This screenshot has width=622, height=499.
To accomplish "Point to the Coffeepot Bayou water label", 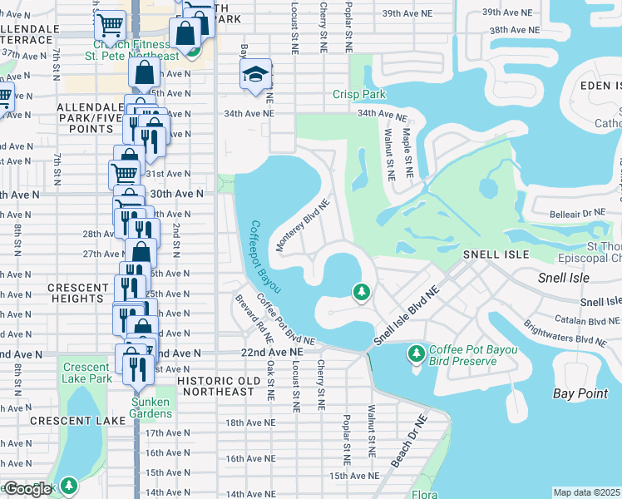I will click(264, 257).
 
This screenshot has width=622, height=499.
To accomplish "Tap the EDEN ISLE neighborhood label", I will click(594, 85).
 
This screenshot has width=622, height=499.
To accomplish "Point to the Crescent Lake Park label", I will click(86, 373).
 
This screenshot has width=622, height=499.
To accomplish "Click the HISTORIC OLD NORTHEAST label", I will click(225, 380).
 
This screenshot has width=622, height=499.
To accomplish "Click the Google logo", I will click(27, 489).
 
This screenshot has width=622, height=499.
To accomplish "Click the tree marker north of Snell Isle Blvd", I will click(361, 292).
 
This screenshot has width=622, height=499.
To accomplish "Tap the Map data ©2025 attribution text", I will click(586, 492).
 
